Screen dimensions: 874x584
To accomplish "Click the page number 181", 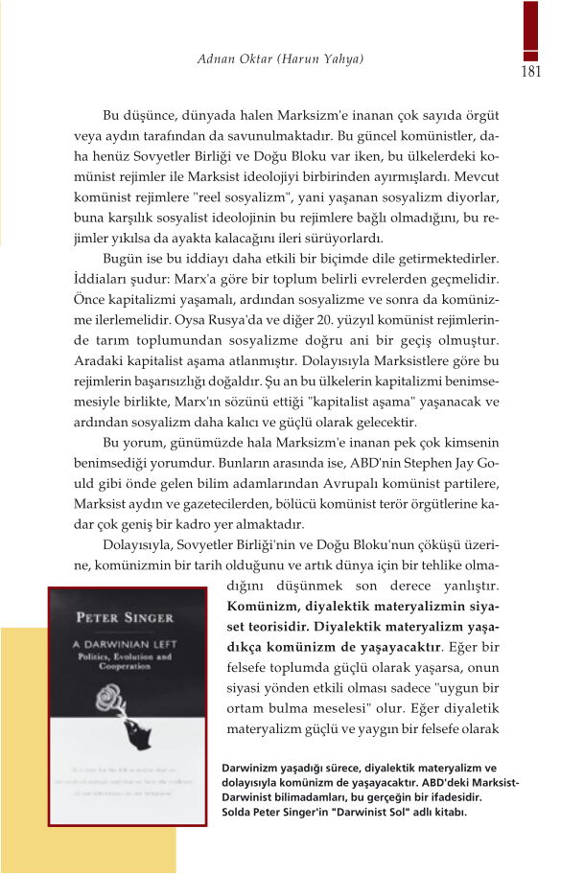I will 533,72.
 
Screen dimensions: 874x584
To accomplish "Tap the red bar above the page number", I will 530,29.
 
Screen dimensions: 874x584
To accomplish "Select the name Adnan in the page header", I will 218,59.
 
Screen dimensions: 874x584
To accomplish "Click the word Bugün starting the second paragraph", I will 124,258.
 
